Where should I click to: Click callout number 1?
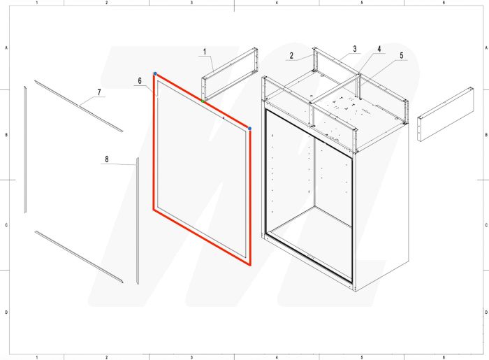[x=204, y=52]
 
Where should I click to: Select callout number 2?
[x=291, y=55]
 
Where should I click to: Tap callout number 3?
[x=355, y=49]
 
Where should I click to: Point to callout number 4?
[x=379, y=50]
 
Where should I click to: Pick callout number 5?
[x=402, y=55]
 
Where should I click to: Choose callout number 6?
[x=140, y=81]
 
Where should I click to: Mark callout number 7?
[x=99, y=92]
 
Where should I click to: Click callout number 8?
[x=106, y=159]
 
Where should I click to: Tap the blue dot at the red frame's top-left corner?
[x=155, y=74]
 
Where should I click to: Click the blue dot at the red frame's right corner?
[x=249, y=129]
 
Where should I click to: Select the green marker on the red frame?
[x=203, y=101]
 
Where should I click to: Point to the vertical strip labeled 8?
[x=137, y=220]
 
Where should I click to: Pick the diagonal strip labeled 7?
[x=78, y=106]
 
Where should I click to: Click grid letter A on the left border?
[x=7, y=48]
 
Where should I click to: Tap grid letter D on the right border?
[x=484, y=312]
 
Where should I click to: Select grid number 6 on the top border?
[x=444, y=3]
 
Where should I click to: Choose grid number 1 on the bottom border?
[x=36, y=357]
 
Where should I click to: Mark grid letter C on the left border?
[x=7, y=225]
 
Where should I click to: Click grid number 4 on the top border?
[x=277, y=3]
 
